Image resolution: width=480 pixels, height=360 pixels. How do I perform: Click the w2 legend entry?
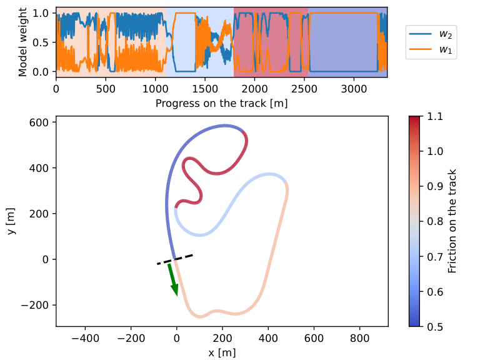click(x=431, y=34)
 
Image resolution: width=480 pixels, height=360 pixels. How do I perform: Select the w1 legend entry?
click(x=431, y=49)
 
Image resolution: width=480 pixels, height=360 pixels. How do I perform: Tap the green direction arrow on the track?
click(x=173, y=280)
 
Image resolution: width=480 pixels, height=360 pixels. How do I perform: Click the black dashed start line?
click(x=175, y=259)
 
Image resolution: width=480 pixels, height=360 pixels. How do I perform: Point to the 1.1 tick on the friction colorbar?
click(x=435, y=116)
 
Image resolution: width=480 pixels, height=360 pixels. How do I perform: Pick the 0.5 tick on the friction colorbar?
click(x=435, y=327)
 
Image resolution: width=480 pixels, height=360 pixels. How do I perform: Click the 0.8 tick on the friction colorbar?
click(x=435, y=221)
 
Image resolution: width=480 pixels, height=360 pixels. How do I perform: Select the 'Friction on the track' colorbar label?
click(x=452, y=221)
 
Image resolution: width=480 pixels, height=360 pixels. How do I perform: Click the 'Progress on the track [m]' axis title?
click(x=222, y=104)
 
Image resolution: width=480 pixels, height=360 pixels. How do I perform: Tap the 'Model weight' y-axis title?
click(x=22, y=42)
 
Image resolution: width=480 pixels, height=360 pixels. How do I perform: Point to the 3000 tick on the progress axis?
click(x=354, y=89)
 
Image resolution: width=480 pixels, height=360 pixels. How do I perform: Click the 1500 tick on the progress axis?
click(x=205, y=89)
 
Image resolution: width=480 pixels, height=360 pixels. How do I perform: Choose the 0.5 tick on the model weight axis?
click(x=41, y=42)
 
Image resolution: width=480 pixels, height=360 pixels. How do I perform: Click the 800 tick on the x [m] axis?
click(x=360, y=339)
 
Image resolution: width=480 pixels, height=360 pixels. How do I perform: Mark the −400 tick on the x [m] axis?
click(x=85, y=339)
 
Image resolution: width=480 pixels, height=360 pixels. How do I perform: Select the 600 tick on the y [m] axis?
click(x=39, y=122)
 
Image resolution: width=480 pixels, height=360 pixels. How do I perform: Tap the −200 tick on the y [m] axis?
click(x=35, y=305)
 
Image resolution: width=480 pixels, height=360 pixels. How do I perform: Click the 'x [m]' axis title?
click(x=222, y=352)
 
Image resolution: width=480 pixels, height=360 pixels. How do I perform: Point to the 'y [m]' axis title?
click(x=11, y=221)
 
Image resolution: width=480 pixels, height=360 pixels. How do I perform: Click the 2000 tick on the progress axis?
click(x=254, y=89)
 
